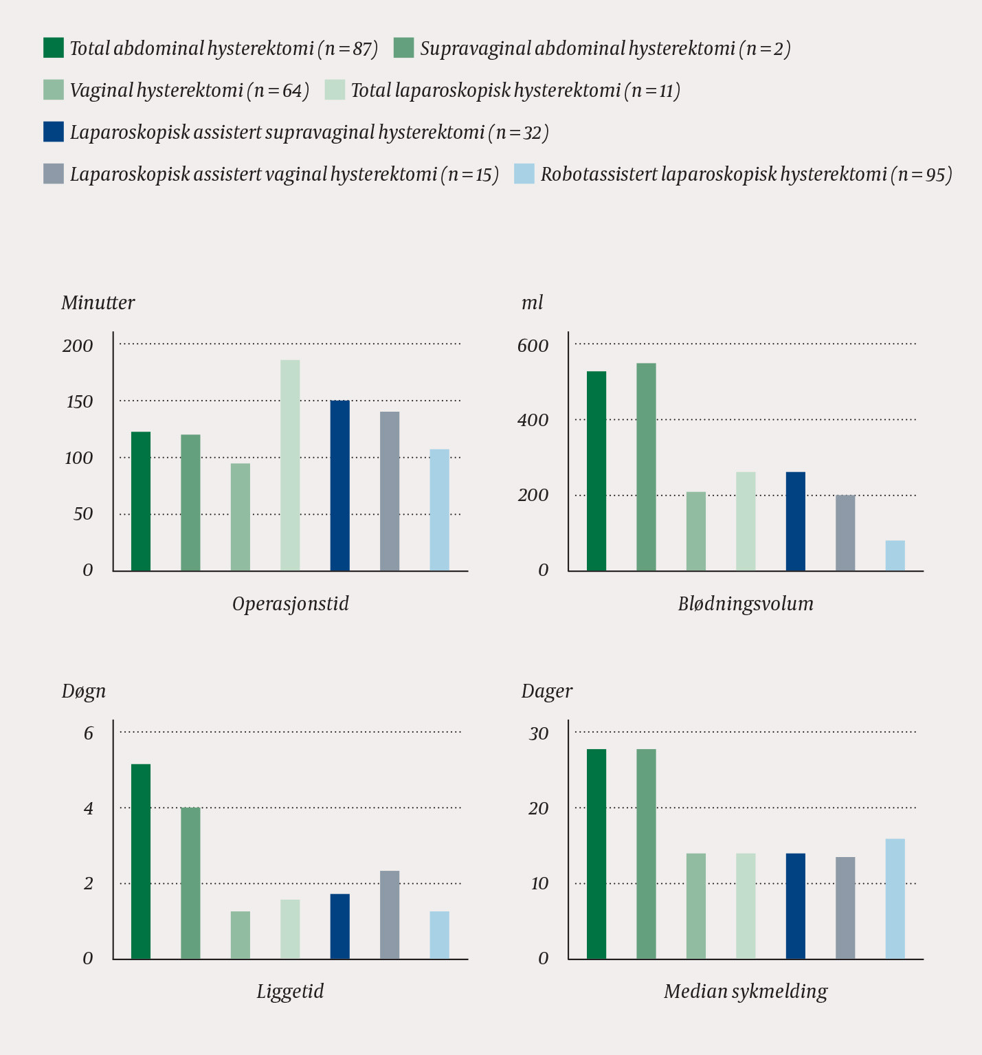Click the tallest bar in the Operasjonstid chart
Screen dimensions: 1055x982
(x=290, y=465)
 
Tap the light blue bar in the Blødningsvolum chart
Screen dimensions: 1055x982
(x=895, y=555)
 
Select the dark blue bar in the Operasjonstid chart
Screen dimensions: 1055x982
(x=339, y=485)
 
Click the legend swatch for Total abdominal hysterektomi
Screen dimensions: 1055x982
(x=54, y=48)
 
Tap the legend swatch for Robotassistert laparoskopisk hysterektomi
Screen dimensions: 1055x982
(x=524, y=174)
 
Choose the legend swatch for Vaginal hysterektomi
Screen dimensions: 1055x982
(x=54, y=90)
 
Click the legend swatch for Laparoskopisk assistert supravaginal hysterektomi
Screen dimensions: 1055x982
(x=54, y=132)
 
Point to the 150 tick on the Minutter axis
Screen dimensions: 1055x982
(x=79, y=401)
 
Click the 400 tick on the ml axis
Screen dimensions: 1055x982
(x=533, y=420)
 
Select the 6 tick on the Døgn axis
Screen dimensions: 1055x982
(x=88, y=733)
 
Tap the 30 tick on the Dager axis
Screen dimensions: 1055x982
(x=538, y=733)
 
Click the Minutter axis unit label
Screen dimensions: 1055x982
(x=98, y=302)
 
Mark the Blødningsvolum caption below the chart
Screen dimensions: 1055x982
(x=746, y=603)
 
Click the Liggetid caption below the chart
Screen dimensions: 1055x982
(x=290, y=991)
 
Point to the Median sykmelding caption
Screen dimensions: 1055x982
(x=746, y=991)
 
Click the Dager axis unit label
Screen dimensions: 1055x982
(x=546, y=691)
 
